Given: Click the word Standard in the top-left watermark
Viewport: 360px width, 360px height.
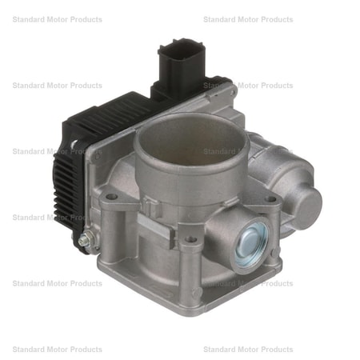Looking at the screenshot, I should (x=30, y=19).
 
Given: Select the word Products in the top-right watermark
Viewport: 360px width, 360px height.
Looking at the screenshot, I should (x=272, y=19).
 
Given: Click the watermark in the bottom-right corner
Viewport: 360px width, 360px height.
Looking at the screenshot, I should (x=248, y=350).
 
